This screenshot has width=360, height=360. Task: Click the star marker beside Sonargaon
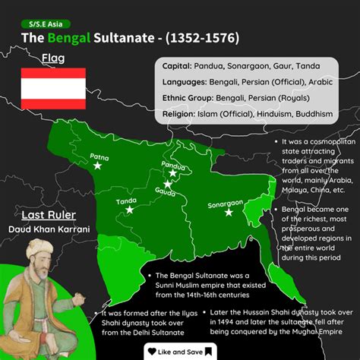[x=229, y=213]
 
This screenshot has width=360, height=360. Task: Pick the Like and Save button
[x=179, y=352]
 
